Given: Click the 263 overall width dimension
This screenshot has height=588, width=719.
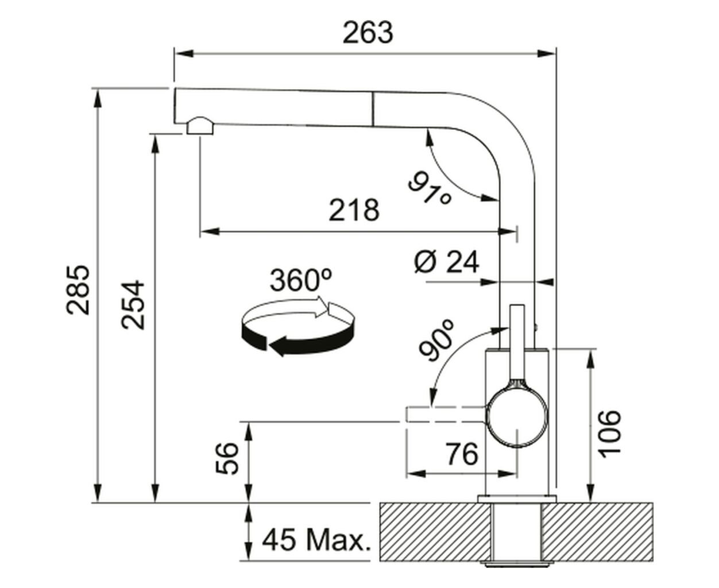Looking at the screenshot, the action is (368, 33).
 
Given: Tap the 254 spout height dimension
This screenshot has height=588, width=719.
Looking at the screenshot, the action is (133, 305).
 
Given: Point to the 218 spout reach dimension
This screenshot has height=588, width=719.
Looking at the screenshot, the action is (354, 210).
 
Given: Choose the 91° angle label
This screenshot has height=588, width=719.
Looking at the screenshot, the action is (430, 188).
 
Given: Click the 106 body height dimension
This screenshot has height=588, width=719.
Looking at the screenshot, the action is (610, 434).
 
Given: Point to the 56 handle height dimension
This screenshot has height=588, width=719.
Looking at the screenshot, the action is (227, 458).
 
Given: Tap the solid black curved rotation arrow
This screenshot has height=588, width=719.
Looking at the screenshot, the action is (296, 341).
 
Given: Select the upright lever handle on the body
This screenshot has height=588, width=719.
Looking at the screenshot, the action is (517, 345).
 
